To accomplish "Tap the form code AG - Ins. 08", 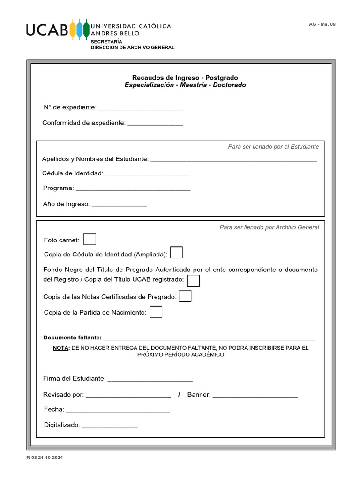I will tap(322, 24).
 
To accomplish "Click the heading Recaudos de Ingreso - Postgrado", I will tap(185, 77).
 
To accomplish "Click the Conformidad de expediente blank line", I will tap(155, 124).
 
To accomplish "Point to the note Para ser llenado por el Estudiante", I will tap(273, 147).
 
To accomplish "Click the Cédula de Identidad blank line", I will tap(148, 174).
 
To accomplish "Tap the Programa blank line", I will tap(133, 189).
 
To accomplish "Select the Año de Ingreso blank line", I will tap(119, 205).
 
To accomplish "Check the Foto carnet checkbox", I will tap(90, 239).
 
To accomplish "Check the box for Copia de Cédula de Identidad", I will tap(176, 253).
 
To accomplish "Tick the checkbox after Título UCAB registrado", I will tap(193, 280).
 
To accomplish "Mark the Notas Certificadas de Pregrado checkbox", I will tap(185, 296).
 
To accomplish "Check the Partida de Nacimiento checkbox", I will tap(156, 312).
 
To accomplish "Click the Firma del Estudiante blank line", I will tap(150, 379).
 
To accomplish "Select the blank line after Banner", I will tap(255, 395).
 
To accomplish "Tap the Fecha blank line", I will tap(118, 410).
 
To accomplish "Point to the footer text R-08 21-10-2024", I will tap(45, 457).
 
